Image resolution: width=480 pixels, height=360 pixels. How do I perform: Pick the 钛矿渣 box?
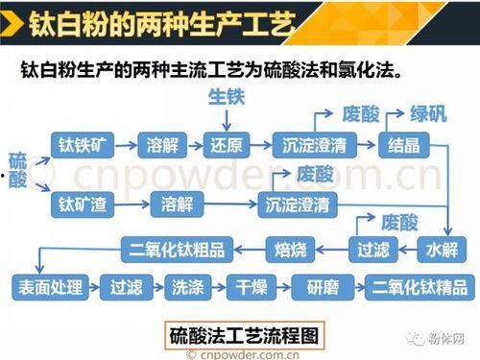pos(83,204)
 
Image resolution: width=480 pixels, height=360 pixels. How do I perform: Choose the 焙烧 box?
pos(290,250)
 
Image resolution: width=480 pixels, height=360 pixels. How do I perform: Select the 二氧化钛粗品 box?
pos(178,250)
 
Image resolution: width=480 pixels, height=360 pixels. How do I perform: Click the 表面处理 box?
pos(49,285)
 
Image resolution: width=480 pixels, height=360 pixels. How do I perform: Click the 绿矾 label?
pos(428,112)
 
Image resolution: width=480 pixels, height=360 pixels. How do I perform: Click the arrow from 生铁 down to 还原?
pos(227,119)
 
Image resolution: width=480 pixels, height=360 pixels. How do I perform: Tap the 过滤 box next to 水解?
pos(373,250)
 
